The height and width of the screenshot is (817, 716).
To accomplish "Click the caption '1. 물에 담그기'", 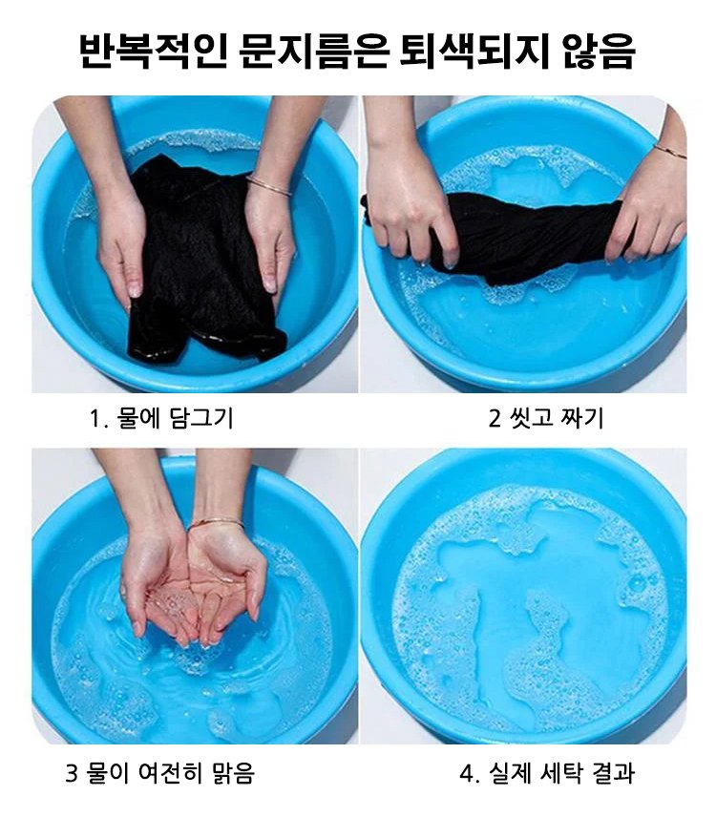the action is point(161,418).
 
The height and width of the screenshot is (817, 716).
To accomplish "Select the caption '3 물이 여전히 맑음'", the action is point(160,773).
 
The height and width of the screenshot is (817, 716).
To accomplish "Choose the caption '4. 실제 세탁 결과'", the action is point(547,773).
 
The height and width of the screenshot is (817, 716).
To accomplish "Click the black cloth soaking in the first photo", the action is point(203,261).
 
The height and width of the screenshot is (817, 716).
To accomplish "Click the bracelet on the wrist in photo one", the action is point(268,185).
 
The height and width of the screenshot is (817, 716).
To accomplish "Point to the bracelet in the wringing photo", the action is point(669,151).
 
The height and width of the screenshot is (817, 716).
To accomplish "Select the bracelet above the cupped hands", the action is point(216,523).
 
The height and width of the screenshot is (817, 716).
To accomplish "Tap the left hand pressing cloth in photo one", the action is point(121,245).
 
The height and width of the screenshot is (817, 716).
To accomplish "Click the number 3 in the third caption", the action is point(72,773).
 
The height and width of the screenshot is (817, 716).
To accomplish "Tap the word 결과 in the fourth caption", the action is point(614,773).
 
